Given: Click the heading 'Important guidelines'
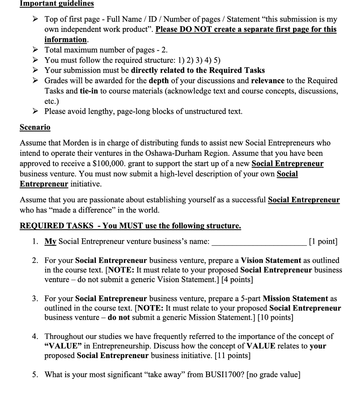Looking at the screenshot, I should tap(56, 4).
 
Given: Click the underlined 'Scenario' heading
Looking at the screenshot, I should tap(35, 127).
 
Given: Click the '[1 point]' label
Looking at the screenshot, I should tap(323, 241).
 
